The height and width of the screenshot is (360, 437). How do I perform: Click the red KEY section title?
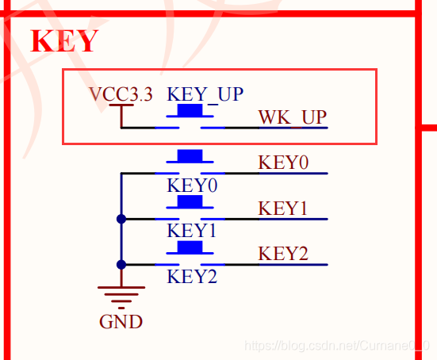pos(64,41)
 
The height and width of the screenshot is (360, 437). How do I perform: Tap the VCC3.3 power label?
pos(121,94)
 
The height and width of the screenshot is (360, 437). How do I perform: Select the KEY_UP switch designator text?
pos(205,94)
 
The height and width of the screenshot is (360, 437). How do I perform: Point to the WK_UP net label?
pos(293,117)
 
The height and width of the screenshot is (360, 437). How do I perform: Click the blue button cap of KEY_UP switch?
pos(190,110)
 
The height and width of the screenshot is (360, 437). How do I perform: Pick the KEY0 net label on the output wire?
pos(283,163)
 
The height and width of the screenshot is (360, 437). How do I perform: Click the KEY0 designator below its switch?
pos(192,186)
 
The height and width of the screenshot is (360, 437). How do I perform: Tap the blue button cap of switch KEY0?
pos(190,155)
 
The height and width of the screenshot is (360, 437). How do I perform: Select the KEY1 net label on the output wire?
pos(282,208)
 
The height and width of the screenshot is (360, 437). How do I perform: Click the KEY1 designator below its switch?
pos(191,231)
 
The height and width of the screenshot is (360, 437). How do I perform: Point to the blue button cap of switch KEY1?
pos(190,201)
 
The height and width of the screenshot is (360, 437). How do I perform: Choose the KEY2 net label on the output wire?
pos(283,254)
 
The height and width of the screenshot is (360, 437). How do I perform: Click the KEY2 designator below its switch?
pos(192,277)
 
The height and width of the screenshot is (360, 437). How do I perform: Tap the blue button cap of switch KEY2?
pos(190,247)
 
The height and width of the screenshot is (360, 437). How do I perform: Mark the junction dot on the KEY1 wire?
pos(121,219)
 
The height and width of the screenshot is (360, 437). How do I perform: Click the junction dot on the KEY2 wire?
pos(121,264)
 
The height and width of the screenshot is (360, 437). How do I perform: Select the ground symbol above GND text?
pos(121,297)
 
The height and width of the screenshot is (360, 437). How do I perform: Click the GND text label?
pos(121,322)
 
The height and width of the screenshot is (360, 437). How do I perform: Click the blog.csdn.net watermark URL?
pos(336,346)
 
